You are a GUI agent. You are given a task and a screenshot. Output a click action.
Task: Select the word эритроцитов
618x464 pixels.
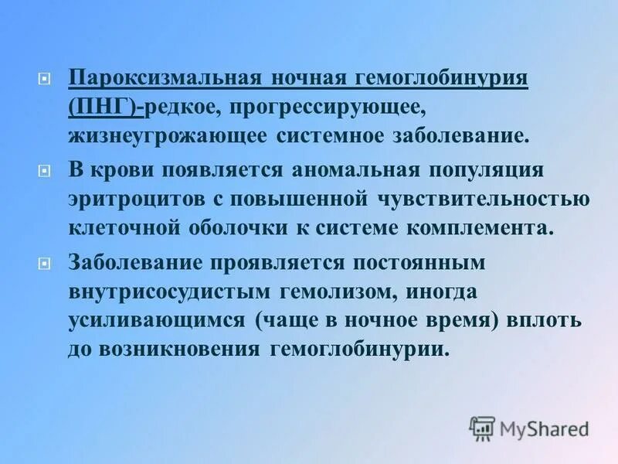click(x=131, y=199)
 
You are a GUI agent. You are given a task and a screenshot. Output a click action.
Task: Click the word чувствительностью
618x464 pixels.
click(x=484, y=199)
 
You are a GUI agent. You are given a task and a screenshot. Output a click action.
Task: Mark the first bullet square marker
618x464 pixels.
click(x=44, y=79)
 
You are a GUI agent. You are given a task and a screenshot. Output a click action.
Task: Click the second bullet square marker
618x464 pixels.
click(x=44, y=170)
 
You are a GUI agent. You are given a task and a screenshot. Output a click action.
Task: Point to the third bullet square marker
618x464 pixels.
click(x=44, y=263)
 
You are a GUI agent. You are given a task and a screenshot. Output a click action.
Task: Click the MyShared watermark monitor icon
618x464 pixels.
click(x=482, y=428)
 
